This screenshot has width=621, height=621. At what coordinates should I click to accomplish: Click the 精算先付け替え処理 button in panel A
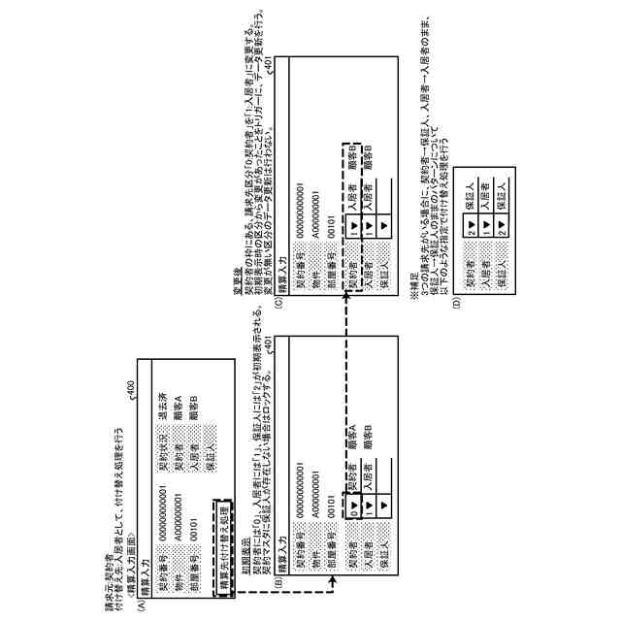[x=222, y=535]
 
